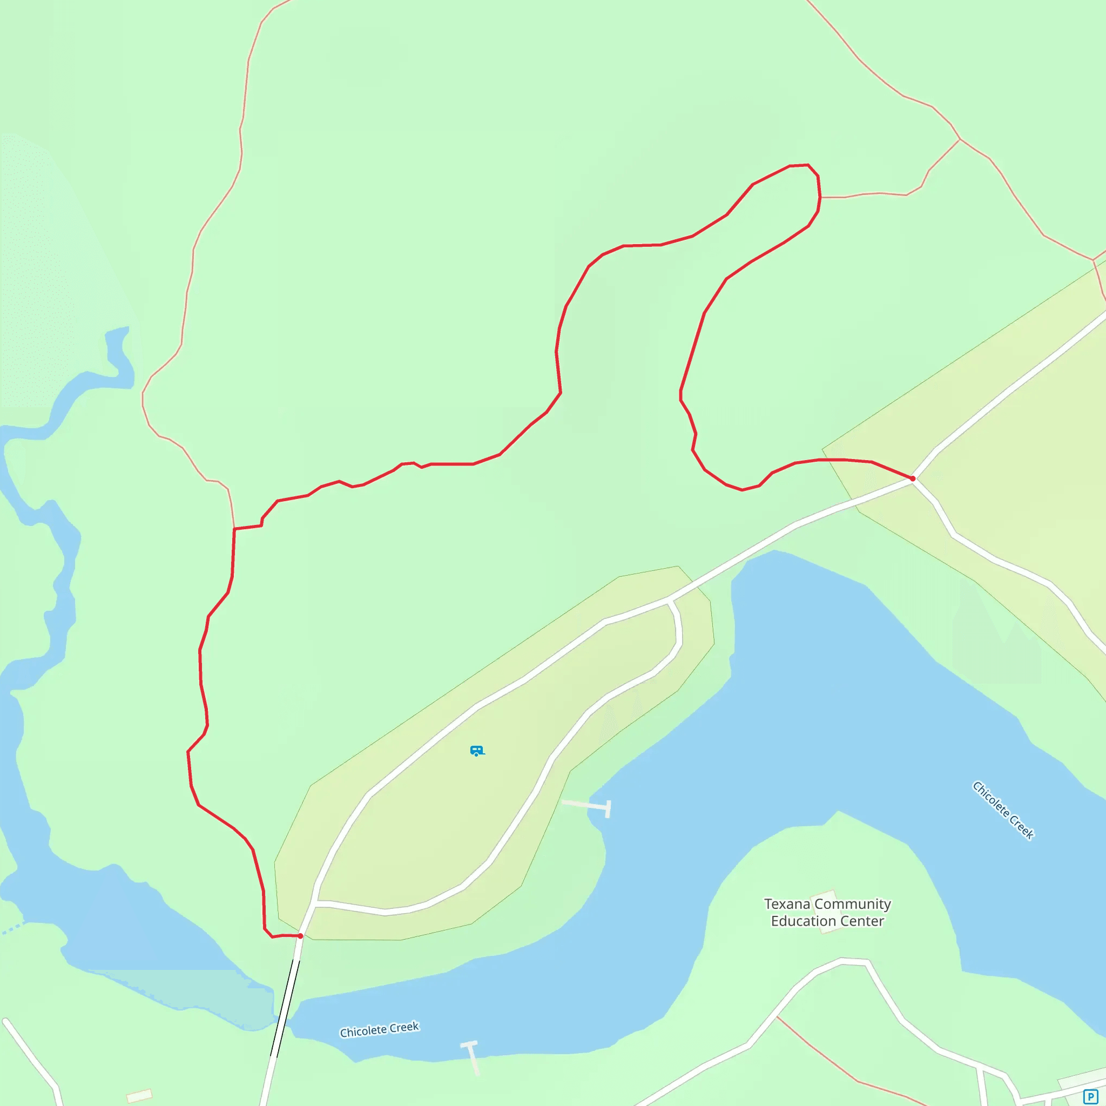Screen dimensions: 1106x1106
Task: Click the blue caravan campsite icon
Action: point(476,751)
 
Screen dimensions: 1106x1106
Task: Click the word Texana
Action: point(788,904)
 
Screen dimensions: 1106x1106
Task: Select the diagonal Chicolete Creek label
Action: point(1003,811)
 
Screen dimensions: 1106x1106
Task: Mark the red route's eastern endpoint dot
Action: point(913,478)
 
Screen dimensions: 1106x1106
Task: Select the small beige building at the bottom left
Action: point(139,1096)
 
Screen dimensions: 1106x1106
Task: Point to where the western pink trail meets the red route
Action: point(234,528)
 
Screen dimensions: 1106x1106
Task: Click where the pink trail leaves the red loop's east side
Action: point(820,198)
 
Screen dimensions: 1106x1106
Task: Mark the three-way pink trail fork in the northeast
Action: point(960,139)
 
